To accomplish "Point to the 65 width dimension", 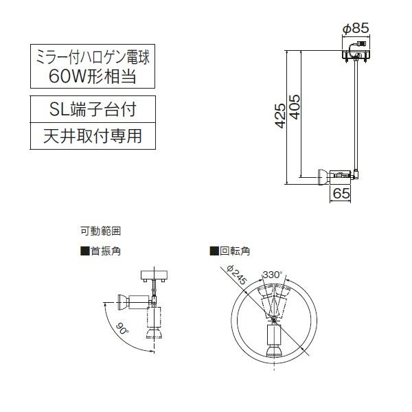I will pos(341,194).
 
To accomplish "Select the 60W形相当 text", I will pos(92,76).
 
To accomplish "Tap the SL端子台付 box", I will pos(92,108).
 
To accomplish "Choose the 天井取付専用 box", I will pos(92,135).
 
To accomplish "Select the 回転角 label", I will pos(235,251).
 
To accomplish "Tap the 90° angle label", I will pos(123,330).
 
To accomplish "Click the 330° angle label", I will pos(272,275).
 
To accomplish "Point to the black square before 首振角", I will pos(85,251).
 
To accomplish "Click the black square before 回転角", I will pos(214,251).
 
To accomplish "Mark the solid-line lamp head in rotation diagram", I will pos(273,343).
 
